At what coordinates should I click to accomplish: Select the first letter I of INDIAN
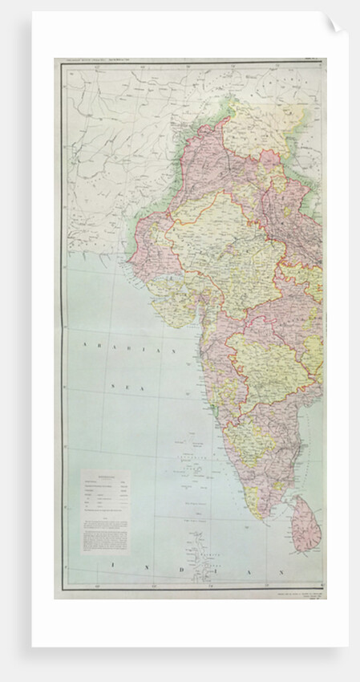pyautogui.click(x=114, y=568)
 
